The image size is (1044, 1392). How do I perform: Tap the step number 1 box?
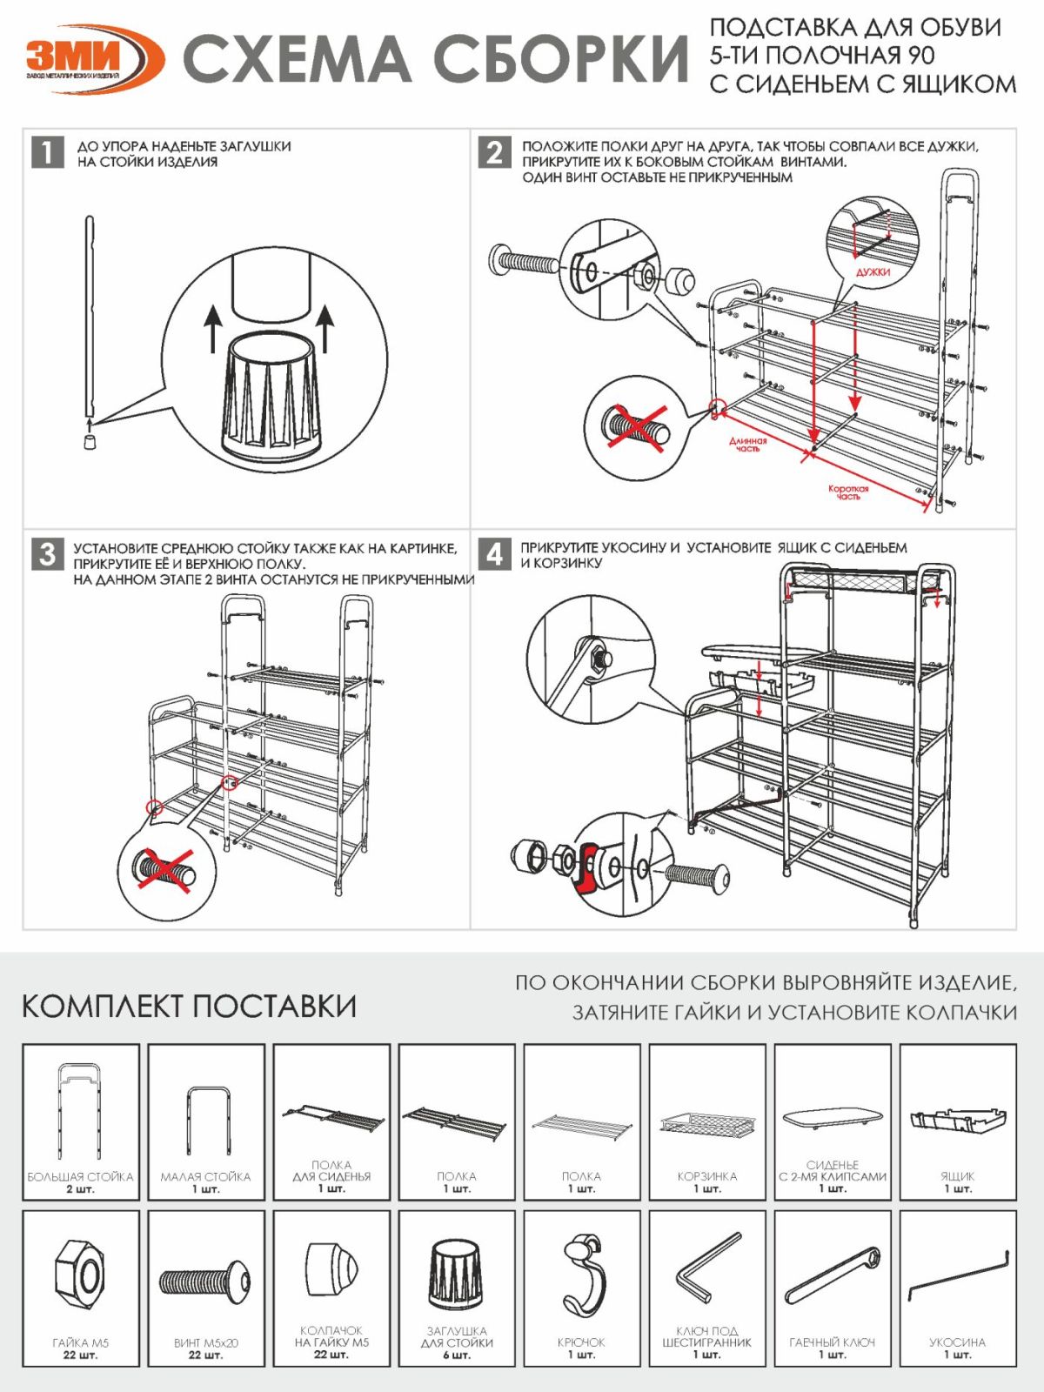48,152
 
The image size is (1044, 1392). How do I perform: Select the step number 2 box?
494,152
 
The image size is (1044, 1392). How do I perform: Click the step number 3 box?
48,553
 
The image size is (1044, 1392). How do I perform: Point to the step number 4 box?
494,553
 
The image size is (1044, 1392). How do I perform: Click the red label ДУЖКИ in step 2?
873,272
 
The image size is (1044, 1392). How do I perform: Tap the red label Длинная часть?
747,445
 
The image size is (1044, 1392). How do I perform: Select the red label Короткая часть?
848,492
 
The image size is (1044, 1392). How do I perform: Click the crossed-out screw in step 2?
638,427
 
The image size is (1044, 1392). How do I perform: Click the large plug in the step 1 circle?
271,396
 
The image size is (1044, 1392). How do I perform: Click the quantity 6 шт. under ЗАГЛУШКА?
457,1355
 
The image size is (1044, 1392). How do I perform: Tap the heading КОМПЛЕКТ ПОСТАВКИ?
189,1006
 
